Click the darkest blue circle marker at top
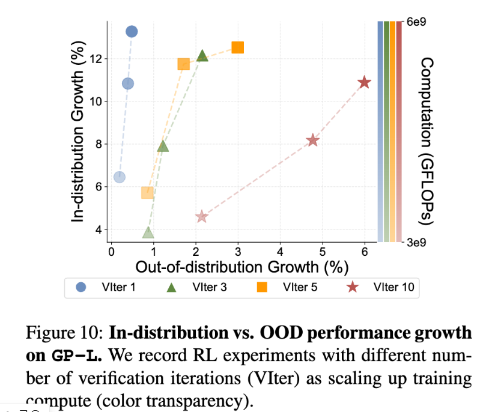coord(132,31)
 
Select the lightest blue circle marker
coord(120,177)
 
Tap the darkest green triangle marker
coord(202,56)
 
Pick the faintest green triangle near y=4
coord(148,233)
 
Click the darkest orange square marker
coord(238,47)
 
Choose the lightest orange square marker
coord(147,193)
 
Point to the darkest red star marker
coord(364,82)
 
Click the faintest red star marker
coord(202,216)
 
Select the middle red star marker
coord(312,140)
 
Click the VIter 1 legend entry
coord(108,287)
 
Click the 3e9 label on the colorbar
coord(416,243)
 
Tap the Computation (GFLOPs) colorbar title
coord(426,141)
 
